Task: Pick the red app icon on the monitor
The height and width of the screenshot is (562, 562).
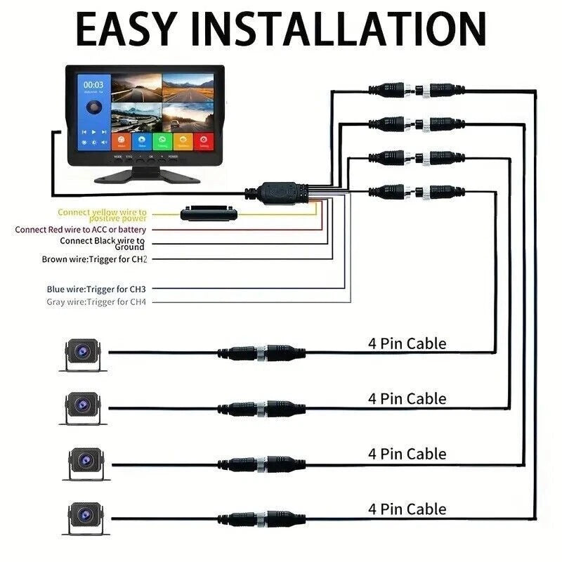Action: pos(204,141)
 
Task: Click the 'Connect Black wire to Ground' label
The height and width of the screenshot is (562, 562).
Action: pos(103,243)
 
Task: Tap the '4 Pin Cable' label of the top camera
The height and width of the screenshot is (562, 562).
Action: pos(407,344)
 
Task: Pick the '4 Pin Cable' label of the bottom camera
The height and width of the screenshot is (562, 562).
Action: pos(407,508)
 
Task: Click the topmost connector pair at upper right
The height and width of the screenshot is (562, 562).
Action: pos(416,90)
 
